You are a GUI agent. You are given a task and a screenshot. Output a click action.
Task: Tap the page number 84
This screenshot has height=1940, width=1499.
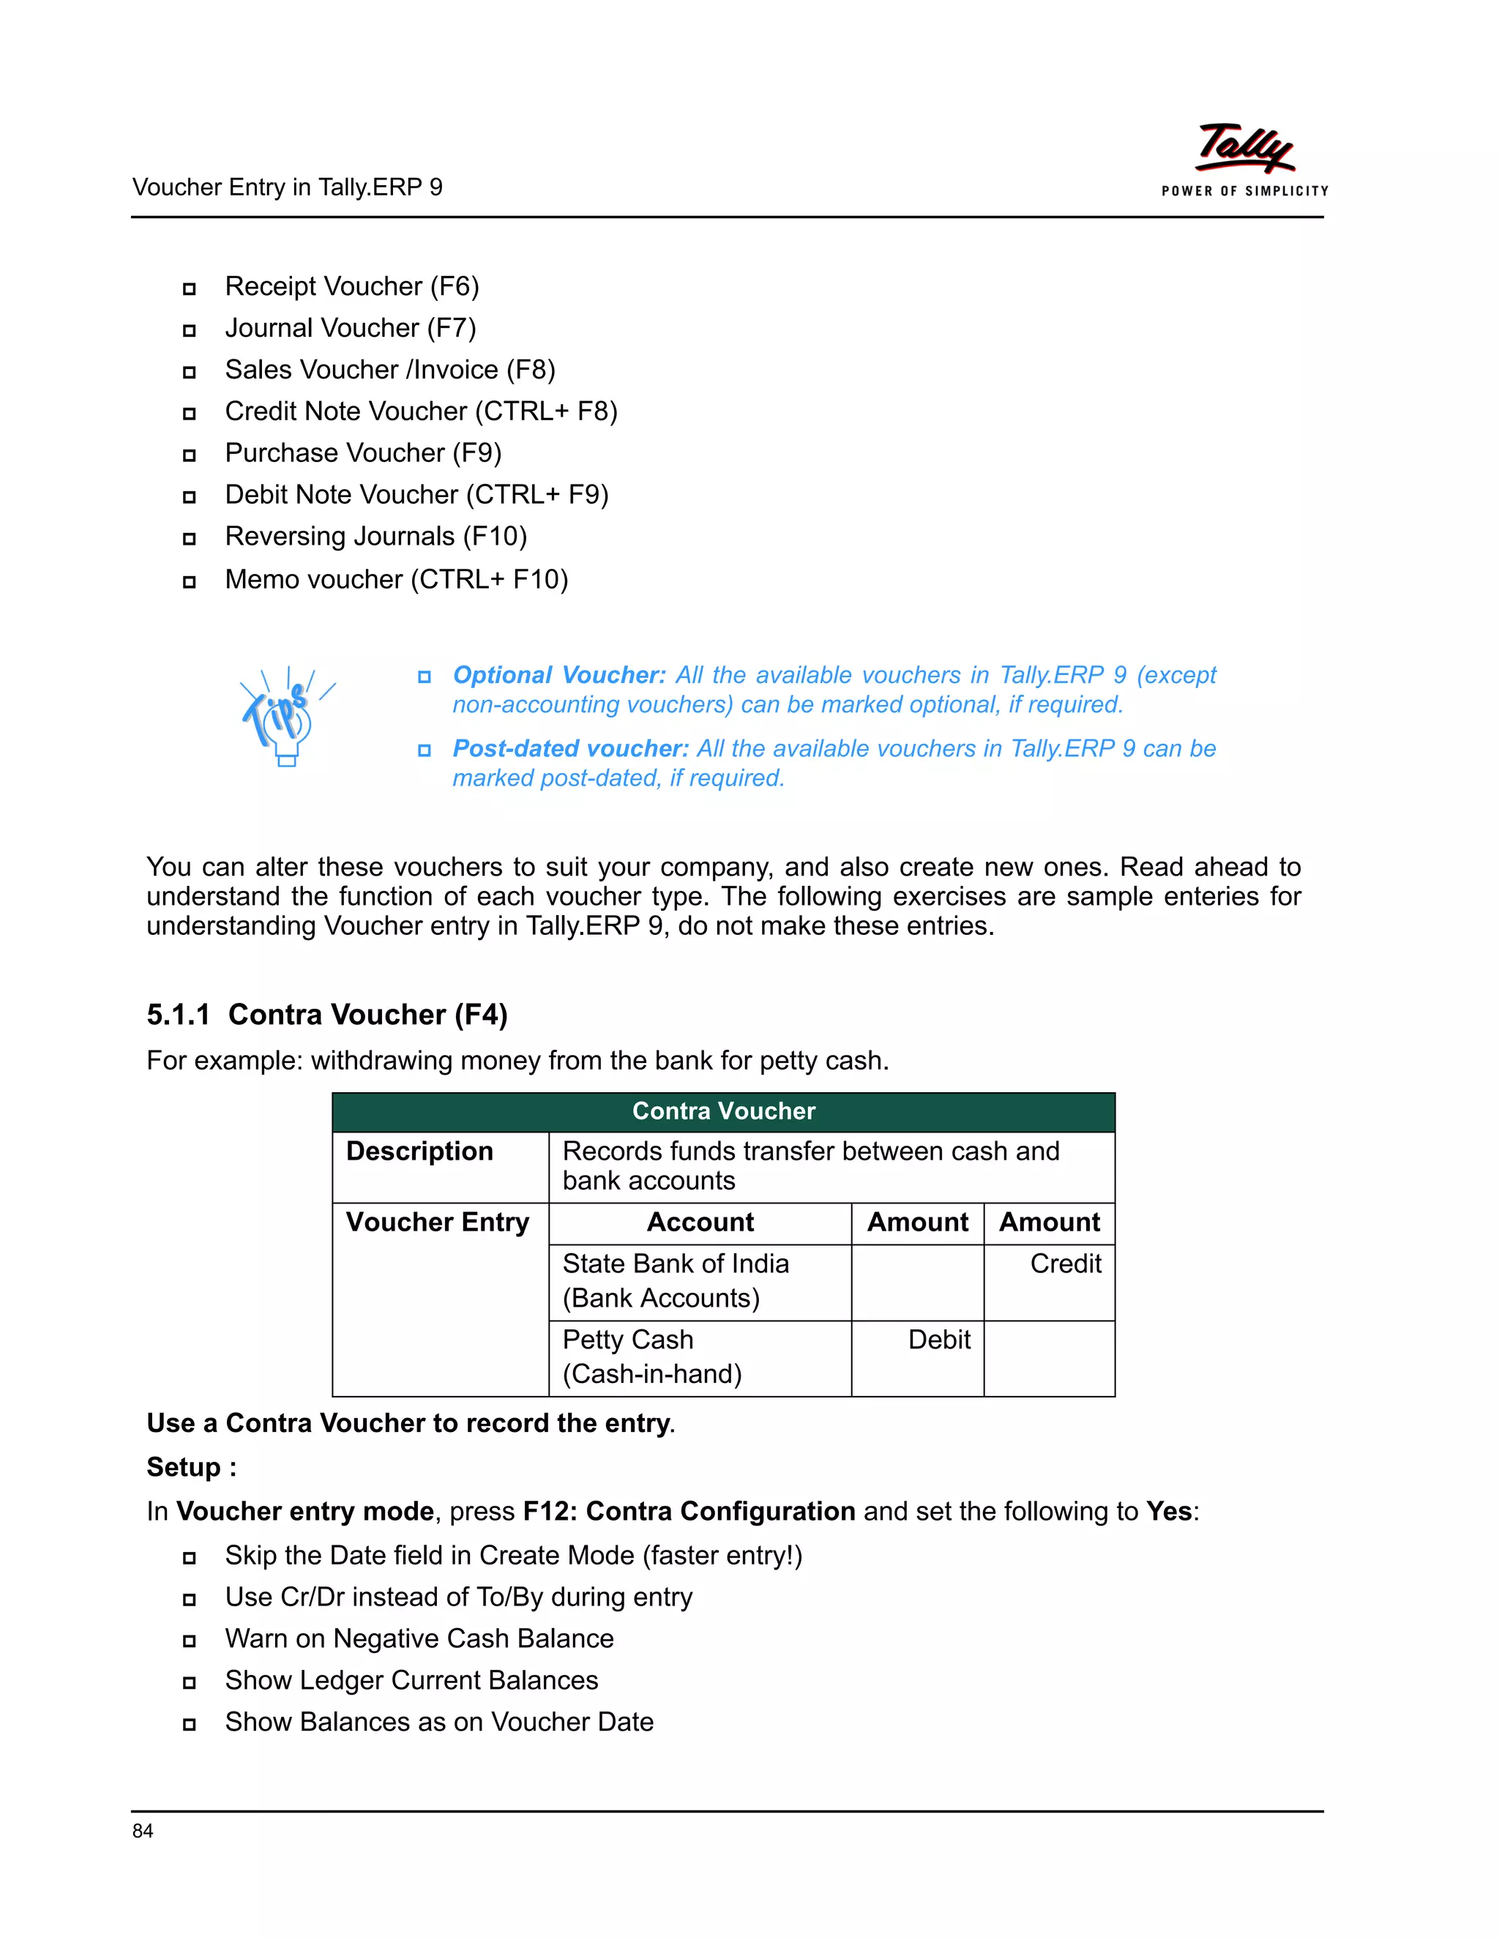[x=142, y=1831]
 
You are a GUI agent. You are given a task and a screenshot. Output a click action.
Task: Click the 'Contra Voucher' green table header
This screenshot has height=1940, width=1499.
[x=723, y=1111]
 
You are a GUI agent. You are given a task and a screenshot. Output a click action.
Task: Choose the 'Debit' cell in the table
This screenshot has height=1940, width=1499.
[x=938, y=1340]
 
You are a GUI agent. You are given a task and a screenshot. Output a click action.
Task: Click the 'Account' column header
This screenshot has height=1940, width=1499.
[x=700, y=1223]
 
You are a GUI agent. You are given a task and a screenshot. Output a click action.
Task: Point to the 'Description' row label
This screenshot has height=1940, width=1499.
[x=419, y=1152]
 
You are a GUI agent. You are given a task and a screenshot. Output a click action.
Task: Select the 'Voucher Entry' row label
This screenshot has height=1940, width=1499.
[x=437, y=1223]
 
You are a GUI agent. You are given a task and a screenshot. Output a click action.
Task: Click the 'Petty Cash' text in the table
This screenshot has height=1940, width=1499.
[x=627, y=1340]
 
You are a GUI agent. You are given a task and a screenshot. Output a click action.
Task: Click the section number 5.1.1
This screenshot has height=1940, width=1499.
[x=178, y=1015]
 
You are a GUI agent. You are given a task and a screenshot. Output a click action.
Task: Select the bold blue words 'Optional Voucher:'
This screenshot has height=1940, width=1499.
[x=558, y=675]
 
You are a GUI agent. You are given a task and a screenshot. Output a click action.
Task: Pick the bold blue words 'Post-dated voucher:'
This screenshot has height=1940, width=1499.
[x=570, y=749]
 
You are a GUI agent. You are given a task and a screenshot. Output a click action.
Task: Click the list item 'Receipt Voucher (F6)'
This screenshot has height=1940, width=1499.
[x=351, y=286]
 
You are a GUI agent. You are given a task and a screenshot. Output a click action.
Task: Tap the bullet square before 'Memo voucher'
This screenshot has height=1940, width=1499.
[x=189, y=582]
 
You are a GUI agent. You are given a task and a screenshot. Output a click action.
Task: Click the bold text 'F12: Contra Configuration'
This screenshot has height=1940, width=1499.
[x=688, y=1511]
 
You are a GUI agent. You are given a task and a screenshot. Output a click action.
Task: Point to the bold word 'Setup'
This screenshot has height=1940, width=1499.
[x=184, y=1466]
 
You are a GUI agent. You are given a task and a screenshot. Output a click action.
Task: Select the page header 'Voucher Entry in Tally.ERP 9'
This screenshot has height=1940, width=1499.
[x=287, y=187]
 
